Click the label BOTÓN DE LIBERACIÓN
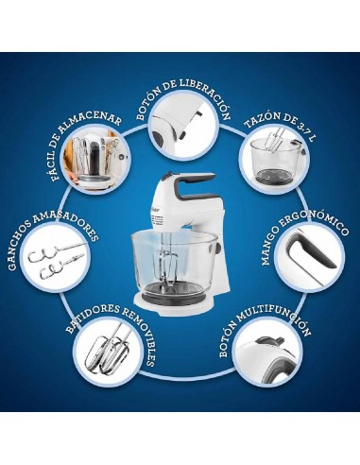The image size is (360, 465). point(182,95)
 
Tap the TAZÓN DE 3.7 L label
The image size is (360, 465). point(281,125)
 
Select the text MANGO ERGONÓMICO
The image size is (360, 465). point(304,237)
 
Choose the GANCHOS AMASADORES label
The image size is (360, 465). point(52,240)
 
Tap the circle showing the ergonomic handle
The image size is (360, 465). point(310,258)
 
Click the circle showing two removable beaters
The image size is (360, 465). point(109,353)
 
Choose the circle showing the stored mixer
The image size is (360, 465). point(96,160)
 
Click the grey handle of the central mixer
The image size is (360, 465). point(189,185)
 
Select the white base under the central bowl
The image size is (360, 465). point(175,304)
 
